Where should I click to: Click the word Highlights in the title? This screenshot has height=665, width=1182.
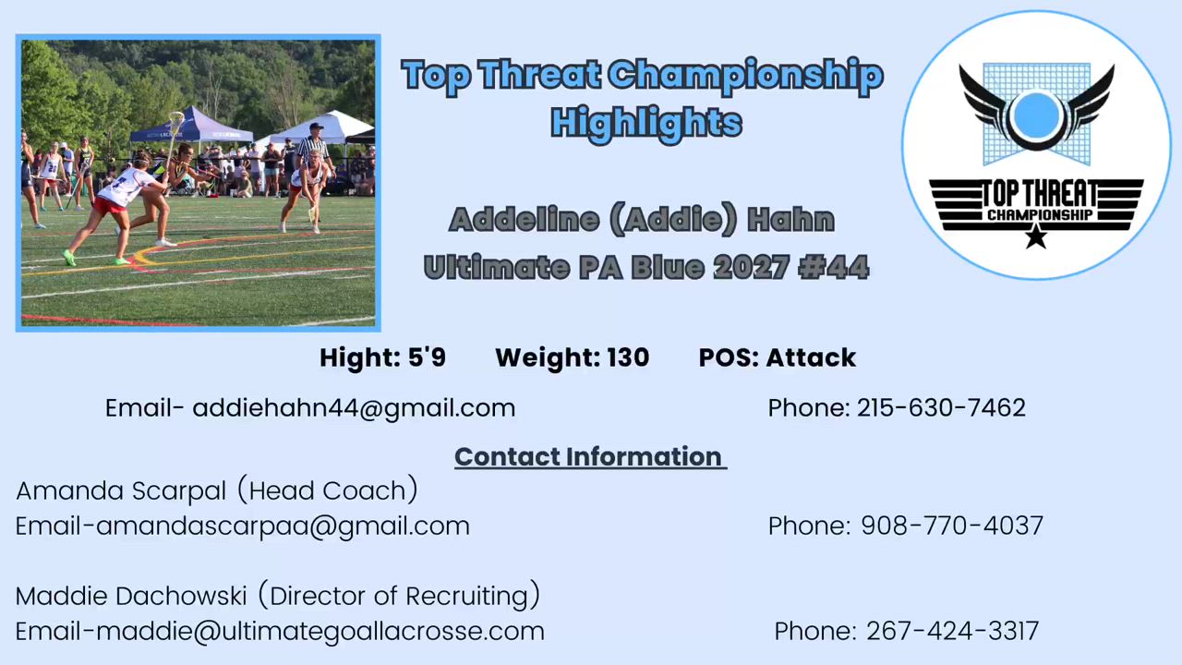tap(646, 124)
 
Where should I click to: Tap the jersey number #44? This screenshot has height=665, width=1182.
tap(833, 267)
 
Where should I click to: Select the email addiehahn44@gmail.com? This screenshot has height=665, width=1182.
tap(354, 408)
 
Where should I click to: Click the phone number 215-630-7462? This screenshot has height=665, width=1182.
tap(941, 408)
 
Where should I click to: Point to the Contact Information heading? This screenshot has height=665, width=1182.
tap(590, 457)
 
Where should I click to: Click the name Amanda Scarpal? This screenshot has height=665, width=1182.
tap(121, 491)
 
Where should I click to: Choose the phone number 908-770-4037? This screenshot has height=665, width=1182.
tap(952, 526)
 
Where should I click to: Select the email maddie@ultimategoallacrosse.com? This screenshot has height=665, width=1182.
tap(320, 632)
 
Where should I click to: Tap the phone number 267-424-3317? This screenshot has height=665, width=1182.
tap(952, 631)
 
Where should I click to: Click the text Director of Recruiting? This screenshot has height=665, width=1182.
tap(399, 597)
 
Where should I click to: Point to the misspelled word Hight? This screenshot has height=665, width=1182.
tap(357, 357)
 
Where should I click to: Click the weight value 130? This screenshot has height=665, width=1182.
tap(628, 357)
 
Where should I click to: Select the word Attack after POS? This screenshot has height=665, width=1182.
tap(811, 357)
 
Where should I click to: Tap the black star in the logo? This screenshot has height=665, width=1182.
tap(1036, 236)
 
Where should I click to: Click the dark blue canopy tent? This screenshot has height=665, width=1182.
tap(191, 126)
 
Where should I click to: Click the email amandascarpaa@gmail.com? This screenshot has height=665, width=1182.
tap(283, 526)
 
